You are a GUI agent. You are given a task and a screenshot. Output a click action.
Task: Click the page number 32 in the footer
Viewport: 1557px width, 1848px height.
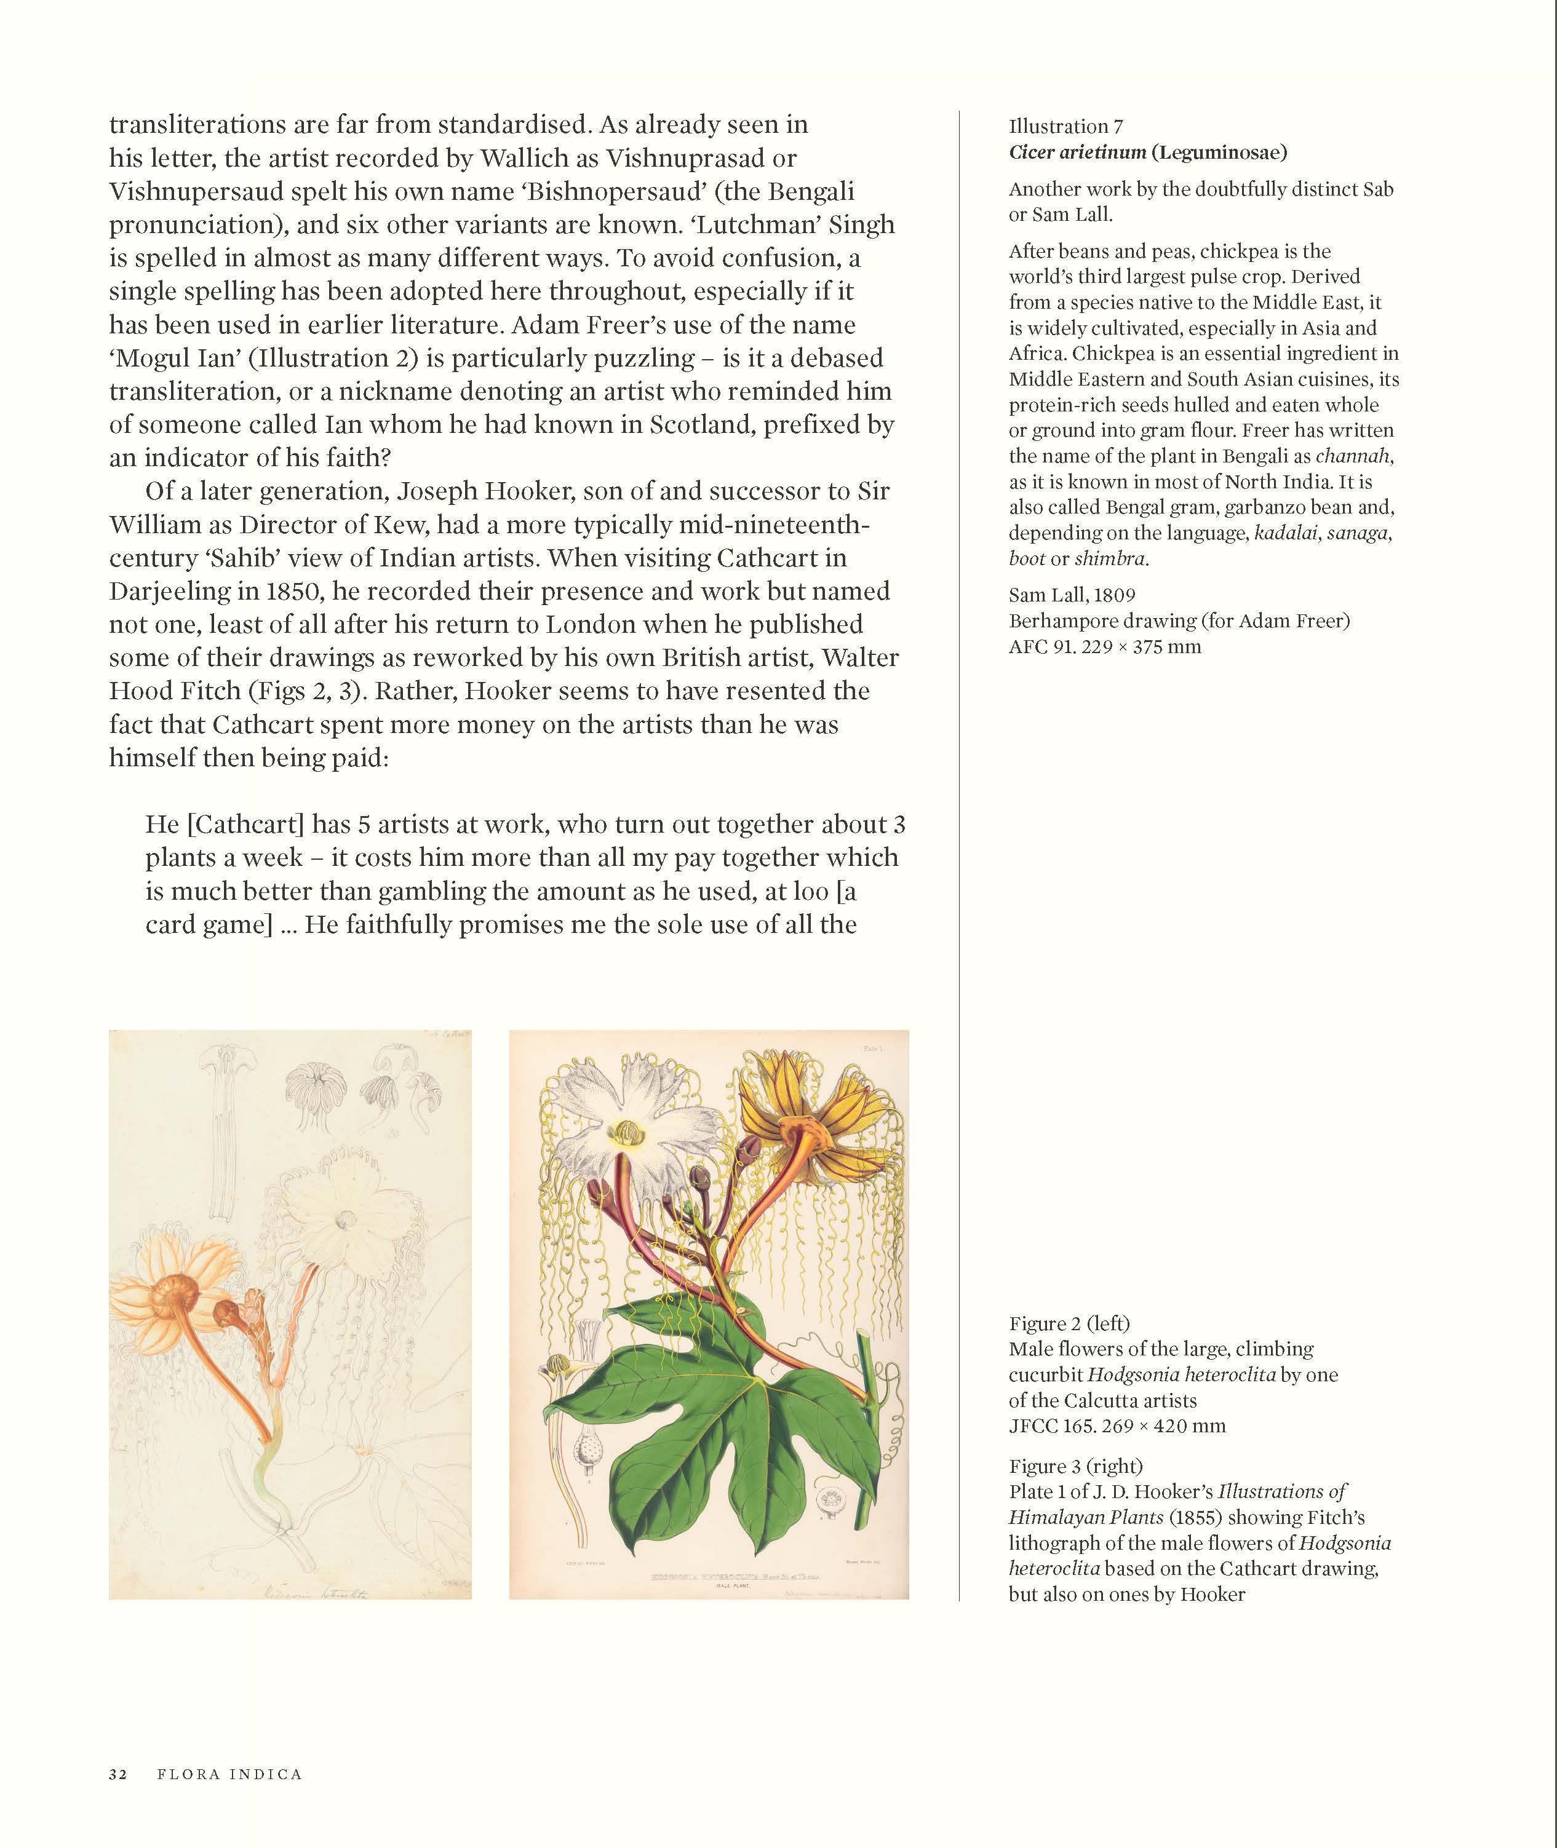[118, 1774]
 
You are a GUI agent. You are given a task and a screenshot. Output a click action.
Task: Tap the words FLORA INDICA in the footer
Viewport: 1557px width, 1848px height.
[229, 1774]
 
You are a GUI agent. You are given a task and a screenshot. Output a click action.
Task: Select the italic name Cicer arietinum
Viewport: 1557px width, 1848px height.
[1077, 152]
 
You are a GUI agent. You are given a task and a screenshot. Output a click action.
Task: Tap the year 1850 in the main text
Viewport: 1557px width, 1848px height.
[301, 591]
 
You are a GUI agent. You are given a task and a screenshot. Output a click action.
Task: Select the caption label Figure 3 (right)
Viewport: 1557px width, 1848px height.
[1075, 1466]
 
